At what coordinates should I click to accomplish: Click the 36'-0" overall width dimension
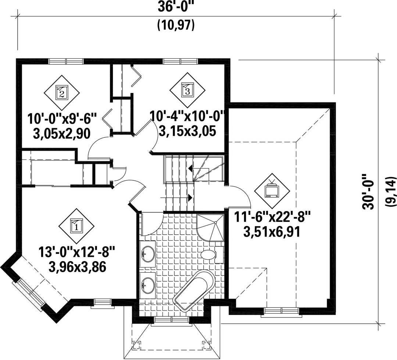[175, 6]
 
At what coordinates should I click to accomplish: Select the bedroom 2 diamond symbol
[61, 92]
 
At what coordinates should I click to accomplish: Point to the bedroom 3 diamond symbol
[187, 90]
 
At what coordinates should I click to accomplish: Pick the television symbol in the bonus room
[272, 191]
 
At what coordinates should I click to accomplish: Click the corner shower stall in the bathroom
[211, 228]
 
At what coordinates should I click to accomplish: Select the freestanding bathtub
[194, 290]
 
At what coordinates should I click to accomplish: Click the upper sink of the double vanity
[147, 254]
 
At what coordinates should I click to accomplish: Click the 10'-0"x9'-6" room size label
[62, 119]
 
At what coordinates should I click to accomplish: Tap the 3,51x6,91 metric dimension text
[272, 232]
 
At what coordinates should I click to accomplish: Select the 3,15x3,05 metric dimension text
[187, 131]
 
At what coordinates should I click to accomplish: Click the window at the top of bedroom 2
[66, 61]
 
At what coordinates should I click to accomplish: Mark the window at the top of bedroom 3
[180, 61]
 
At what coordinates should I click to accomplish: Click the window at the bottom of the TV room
[280, 311]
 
